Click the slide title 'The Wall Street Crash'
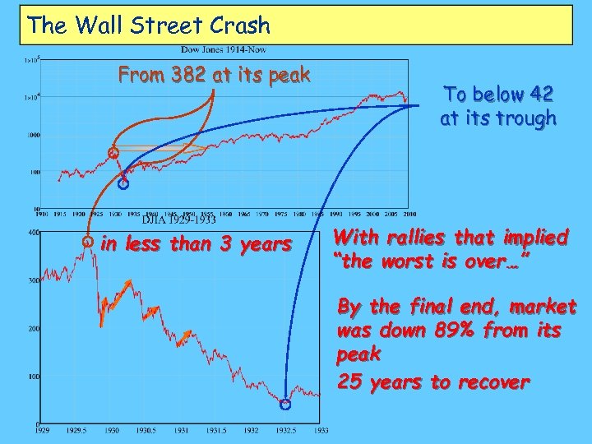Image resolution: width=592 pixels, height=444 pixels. (x=149, y=25)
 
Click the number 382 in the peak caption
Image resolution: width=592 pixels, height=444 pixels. (x=188, y=76)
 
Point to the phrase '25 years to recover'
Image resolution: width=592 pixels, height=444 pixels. (x=433, y=382)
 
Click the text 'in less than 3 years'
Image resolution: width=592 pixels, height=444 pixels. (x=195, y=243)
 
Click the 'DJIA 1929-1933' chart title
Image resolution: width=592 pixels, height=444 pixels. (x=178, y=220)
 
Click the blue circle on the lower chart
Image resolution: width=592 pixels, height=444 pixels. (x=285, y=405)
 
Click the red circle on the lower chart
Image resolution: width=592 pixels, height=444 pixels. (x=87, y=242)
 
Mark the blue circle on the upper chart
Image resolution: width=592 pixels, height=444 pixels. (x=123, y=184)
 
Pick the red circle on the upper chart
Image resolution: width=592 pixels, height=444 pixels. (x=114, y=153)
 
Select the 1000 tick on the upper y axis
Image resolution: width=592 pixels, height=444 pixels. (x=35, y=135)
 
